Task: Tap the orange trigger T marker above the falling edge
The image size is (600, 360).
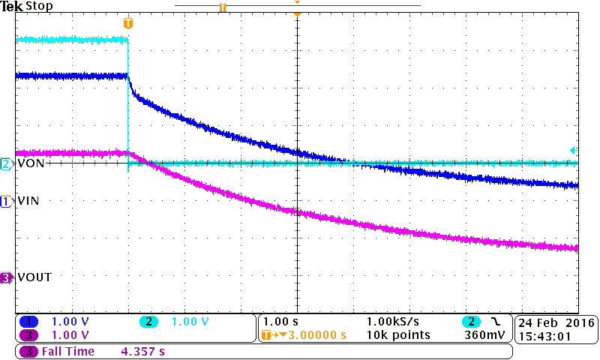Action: coord(128,23)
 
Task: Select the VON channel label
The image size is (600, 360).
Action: coord(29,163)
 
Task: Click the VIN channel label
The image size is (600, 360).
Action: coord(28,201)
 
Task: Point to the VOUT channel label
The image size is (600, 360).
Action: coord(33,277)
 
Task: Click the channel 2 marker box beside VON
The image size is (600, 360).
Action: coord(7,163)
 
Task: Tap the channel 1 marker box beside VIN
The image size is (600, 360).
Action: coord(7,201)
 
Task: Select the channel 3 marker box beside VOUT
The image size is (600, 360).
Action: coord(7,277)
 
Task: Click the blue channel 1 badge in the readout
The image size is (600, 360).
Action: coord(28,322)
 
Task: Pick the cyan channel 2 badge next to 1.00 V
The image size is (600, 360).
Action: coord(149,322)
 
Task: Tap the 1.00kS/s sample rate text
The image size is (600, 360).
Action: coord(392,322)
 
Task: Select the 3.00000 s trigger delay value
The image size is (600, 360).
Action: coord(316,334)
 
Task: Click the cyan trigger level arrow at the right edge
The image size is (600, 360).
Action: coord(574,149)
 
